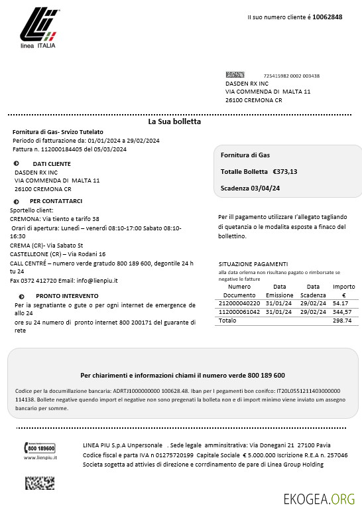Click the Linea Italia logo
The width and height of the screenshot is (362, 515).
point(38,31)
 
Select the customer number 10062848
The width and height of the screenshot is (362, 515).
point(327,17)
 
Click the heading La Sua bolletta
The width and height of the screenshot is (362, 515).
point(174,121)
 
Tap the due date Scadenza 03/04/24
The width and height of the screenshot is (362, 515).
point(250,188)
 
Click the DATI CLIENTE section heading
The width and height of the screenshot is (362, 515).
point(51,163)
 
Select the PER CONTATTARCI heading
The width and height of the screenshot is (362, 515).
point(56,200)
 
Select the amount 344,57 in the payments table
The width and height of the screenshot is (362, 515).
point(343,311)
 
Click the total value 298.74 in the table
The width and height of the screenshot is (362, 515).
point(343,320)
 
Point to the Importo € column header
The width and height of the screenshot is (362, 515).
point(343,291)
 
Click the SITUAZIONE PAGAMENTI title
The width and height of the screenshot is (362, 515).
point(253,263)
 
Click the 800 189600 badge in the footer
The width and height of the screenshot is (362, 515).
point(40,448)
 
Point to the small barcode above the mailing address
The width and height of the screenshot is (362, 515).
point(235,75)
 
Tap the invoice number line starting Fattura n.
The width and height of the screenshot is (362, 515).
point(69,149)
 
